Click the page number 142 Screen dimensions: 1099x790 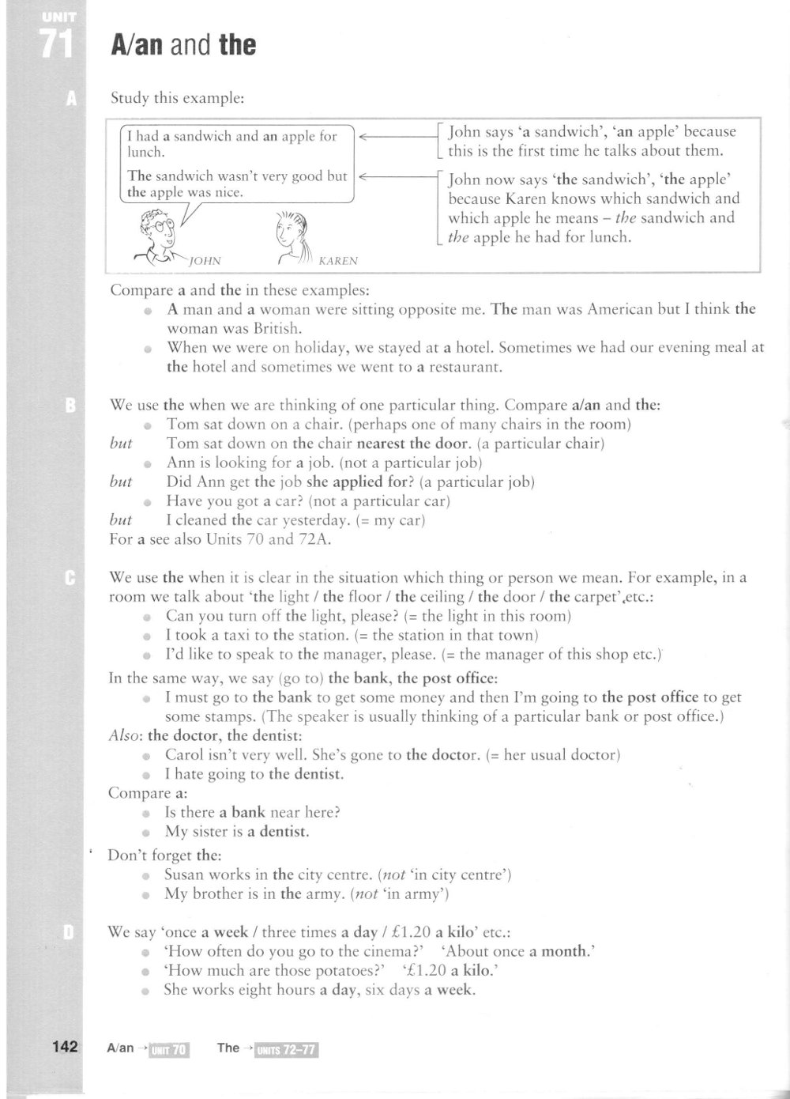click(65, 1047)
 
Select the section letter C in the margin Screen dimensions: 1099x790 click(70, 578)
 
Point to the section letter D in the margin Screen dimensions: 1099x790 click(69, 933)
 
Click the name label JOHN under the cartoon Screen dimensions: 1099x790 click(206, 260)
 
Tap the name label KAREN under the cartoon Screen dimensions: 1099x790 click(338, 261)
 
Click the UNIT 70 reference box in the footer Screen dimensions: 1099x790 click(168, 1049)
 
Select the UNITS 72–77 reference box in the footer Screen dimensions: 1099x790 click(281, 1049)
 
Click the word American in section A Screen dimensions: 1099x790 click(621, 309)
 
